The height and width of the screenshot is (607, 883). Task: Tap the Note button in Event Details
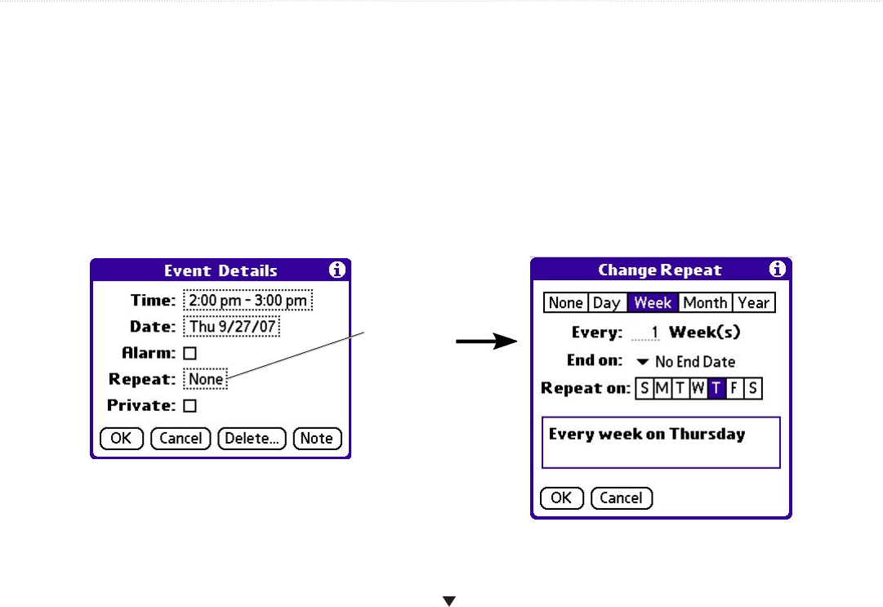tap(317, 439)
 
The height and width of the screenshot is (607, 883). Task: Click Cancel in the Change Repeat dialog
tap(621, 498)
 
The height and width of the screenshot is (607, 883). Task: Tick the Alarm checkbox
tap(190, 354)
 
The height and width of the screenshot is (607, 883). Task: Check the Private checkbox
tap(190, 406)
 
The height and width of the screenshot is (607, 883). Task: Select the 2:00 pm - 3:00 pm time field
tap(248, 301)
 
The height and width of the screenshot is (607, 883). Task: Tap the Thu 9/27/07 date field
tap(231, 327)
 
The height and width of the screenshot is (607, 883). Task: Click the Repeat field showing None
tap(205, 380)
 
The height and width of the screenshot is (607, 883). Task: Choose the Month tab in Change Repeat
tap(705, 303)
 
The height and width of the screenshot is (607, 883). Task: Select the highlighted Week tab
tap(653, 303)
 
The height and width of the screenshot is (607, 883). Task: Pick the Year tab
tap(753, 303)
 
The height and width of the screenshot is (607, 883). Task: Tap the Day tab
tap(606, 303)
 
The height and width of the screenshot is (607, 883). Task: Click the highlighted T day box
tap(716, 389)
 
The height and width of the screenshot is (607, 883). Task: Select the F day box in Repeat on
tap(734, 389)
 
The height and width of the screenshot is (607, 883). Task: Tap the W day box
tap(698, 389)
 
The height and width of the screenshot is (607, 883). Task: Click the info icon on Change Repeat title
tap(777, 269)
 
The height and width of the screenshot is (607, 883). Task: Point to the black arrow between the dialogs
tap(487, 343)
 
